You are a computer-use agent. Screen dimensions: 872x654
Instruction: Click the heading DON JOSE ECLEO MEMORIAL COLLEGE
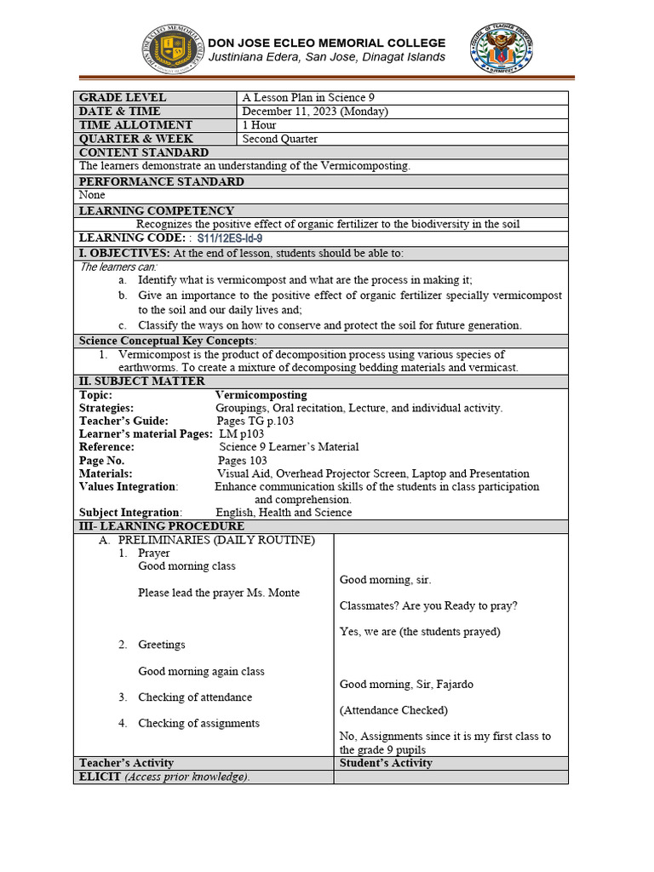pyautogui.click(x=327, y=43)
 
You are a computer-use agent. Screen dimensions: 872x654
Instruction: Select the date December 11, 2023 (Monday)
pyautogui.click(x=315, y=112)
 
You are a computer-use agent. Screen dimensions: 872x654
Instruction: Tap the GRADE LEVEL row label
pyautogui.click(x=123, y=98)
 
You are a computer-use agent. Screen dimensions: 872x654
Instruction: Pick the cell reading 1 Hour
pyautogui.click(x=259, y=125)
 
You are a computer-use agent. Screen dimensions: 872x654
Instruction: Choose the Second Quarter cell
pyautogui.click(x=280, y=139)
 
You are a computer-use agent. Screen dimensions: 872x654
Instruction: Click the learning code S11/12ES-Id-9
pyautogui.click(x=230, y=238)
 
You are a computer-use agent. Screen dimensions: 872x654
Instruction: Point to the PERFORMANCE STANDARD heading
pyautogui.click(x=162, y=181)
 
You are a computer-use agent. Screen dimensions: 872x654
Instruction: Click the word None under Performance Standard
pyautogui.click(x=92, y=195)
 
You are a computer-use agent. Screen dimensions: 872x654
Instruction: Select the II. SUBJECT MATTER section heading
pyautogui.click(x=142, y=381)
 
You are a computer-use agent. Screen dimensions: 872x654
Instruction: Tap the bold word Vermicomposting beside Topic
pyautogui.click(x=261, y=395)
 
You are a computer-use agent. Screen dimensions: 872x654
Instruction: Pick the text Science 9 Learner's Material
pyautogui.click(x=290, y=447)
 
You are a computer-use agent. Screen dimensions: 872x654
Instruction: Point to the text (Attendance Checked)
pyautogui.click(x=381, y=710)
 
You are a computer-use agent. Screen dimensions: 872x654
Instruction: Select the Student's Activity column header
pyautogui.click(x=386, y=763)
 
